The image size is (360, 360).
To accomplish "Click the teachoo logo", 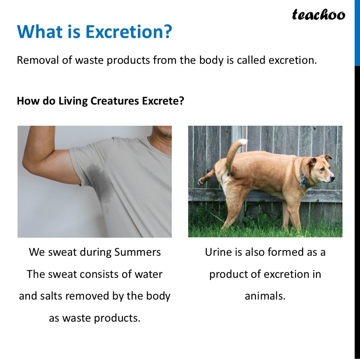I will click(x=318, y=14).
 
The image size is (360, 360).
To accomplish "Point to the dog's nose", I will click(x=333, y=177).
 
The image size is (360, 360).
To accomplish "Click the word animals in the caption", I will click(x=265, y=296).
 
